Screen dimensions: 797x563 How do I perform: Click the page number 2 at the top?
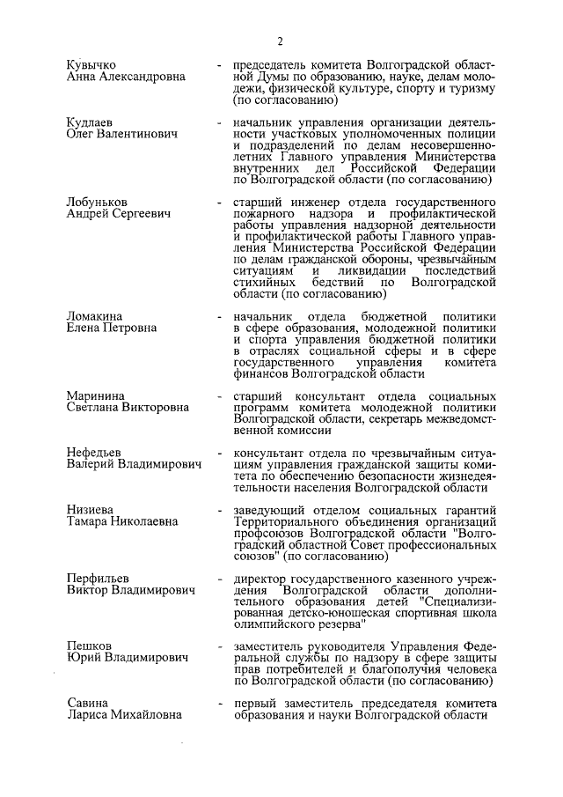coord(280,41)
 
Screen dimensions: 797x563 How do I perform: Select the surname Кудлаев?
coord(91,121)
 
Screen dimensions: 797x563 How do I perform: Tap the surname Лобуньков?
coord(97,202)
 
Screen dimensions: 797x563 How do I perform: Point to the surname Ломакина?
coord(95,315)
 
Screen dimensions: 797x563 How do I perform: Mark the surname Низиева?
coord(92,509)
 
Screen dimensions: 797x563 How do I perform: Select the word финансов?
coord(260,373)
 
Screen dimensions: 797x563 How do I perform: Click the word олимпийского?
coord(273,624)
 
